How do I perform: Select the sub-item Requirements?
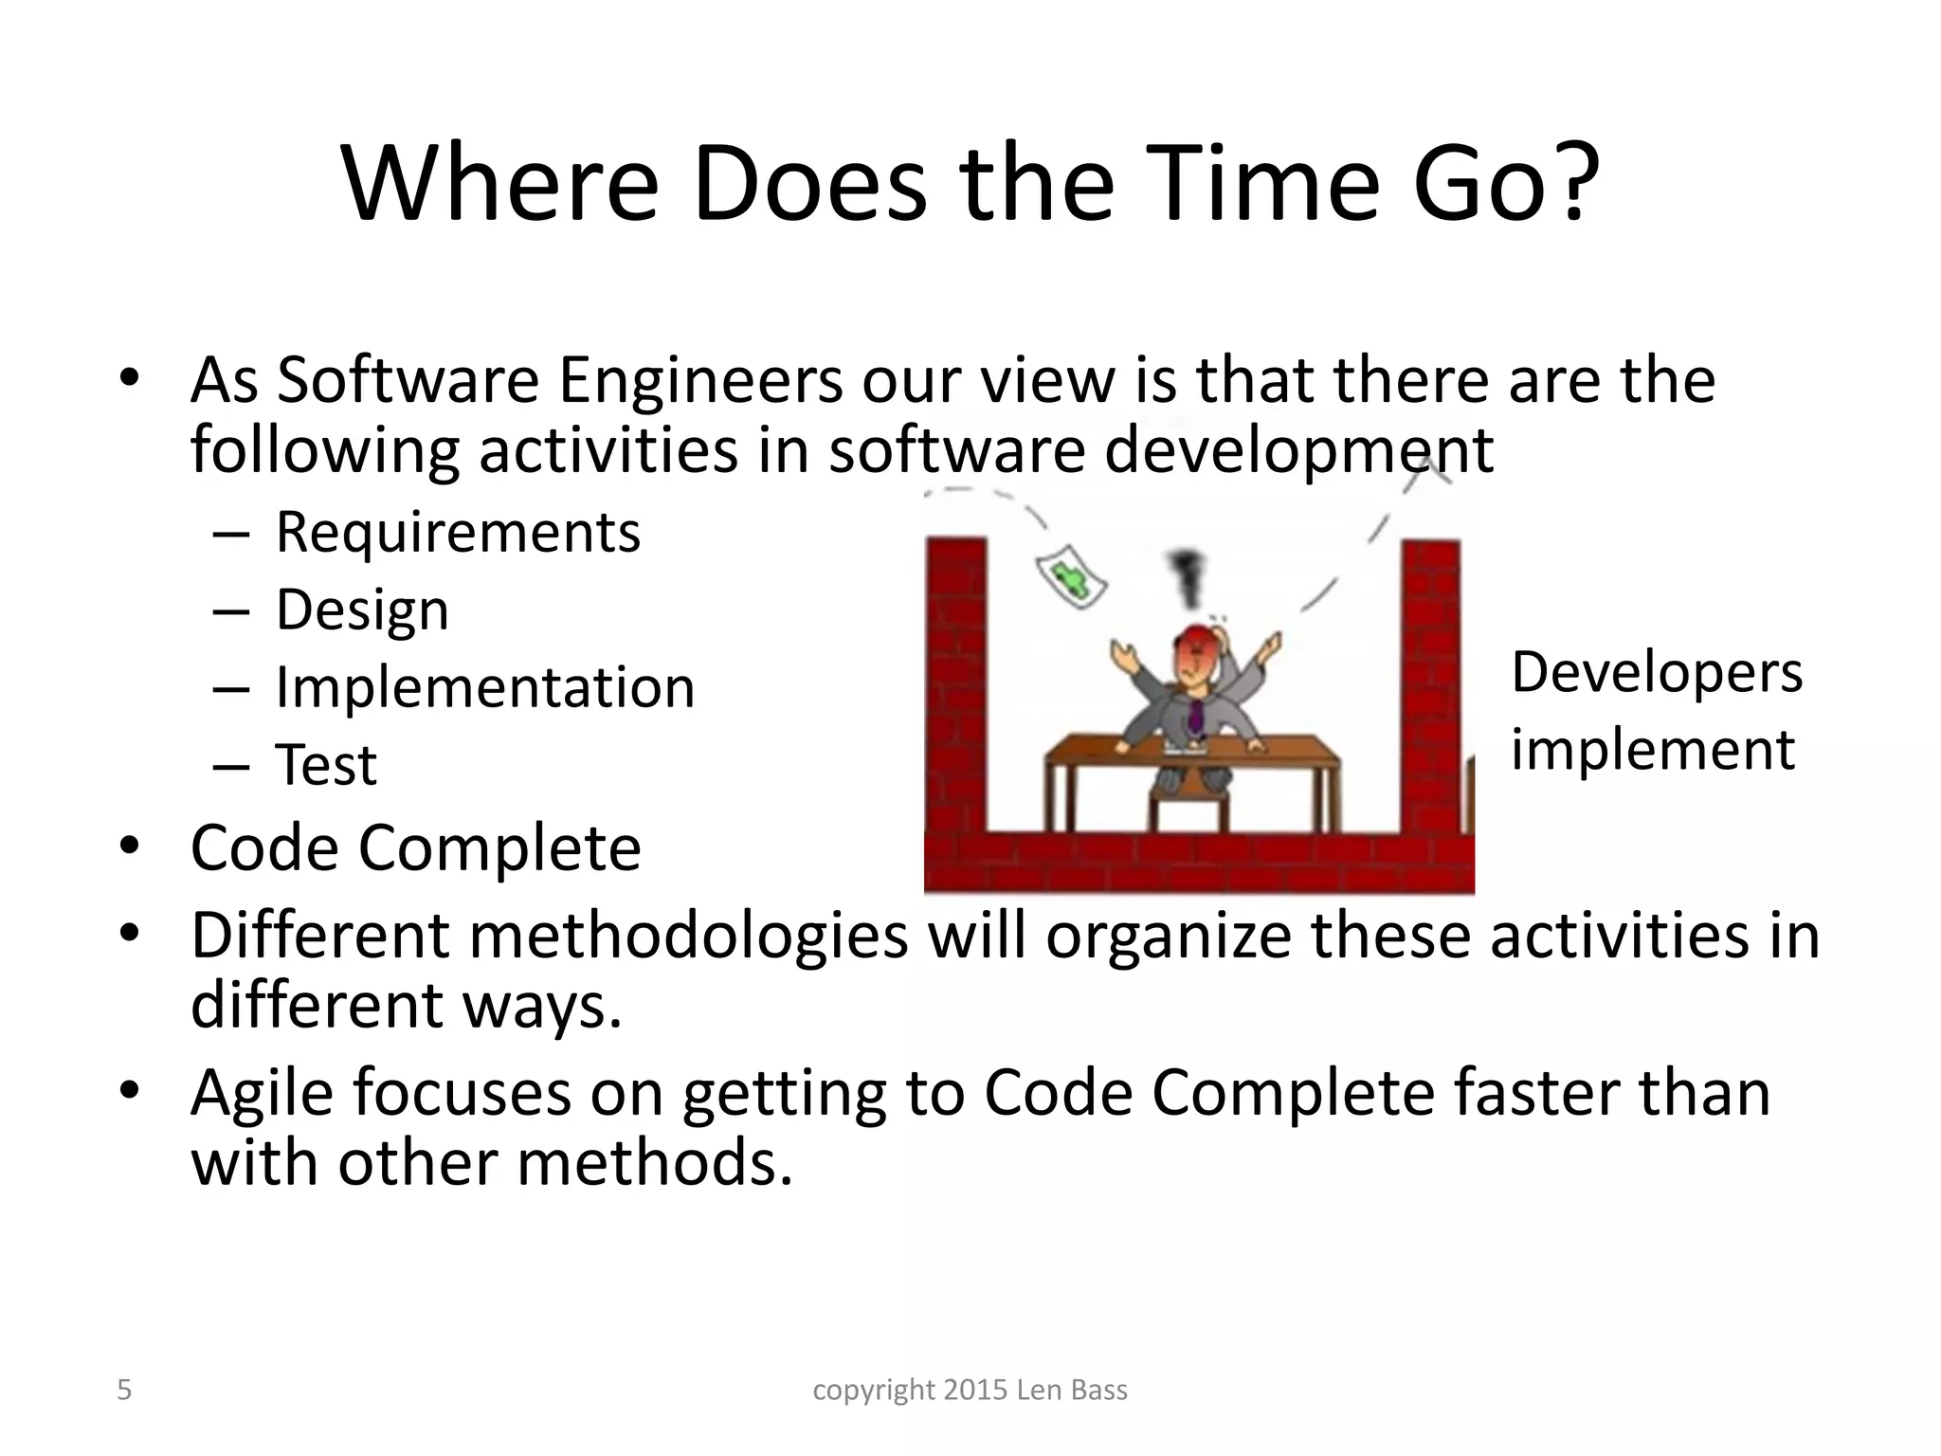pos(457,533)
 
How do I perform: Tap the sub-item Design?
pos(362,610)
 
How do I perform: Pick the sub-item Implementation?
pos(484,687)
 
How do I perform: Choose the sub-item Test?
pos(325,765)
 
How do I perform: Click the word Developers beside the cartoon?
pos(1656,673)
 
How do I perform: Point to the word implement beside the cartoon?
pos(1652,750)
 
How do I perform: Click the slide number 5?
pos(124,1390)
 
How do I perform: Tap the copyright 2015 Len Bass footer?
pos(970,1390)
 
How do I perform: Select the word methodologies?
pos(688,936)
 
